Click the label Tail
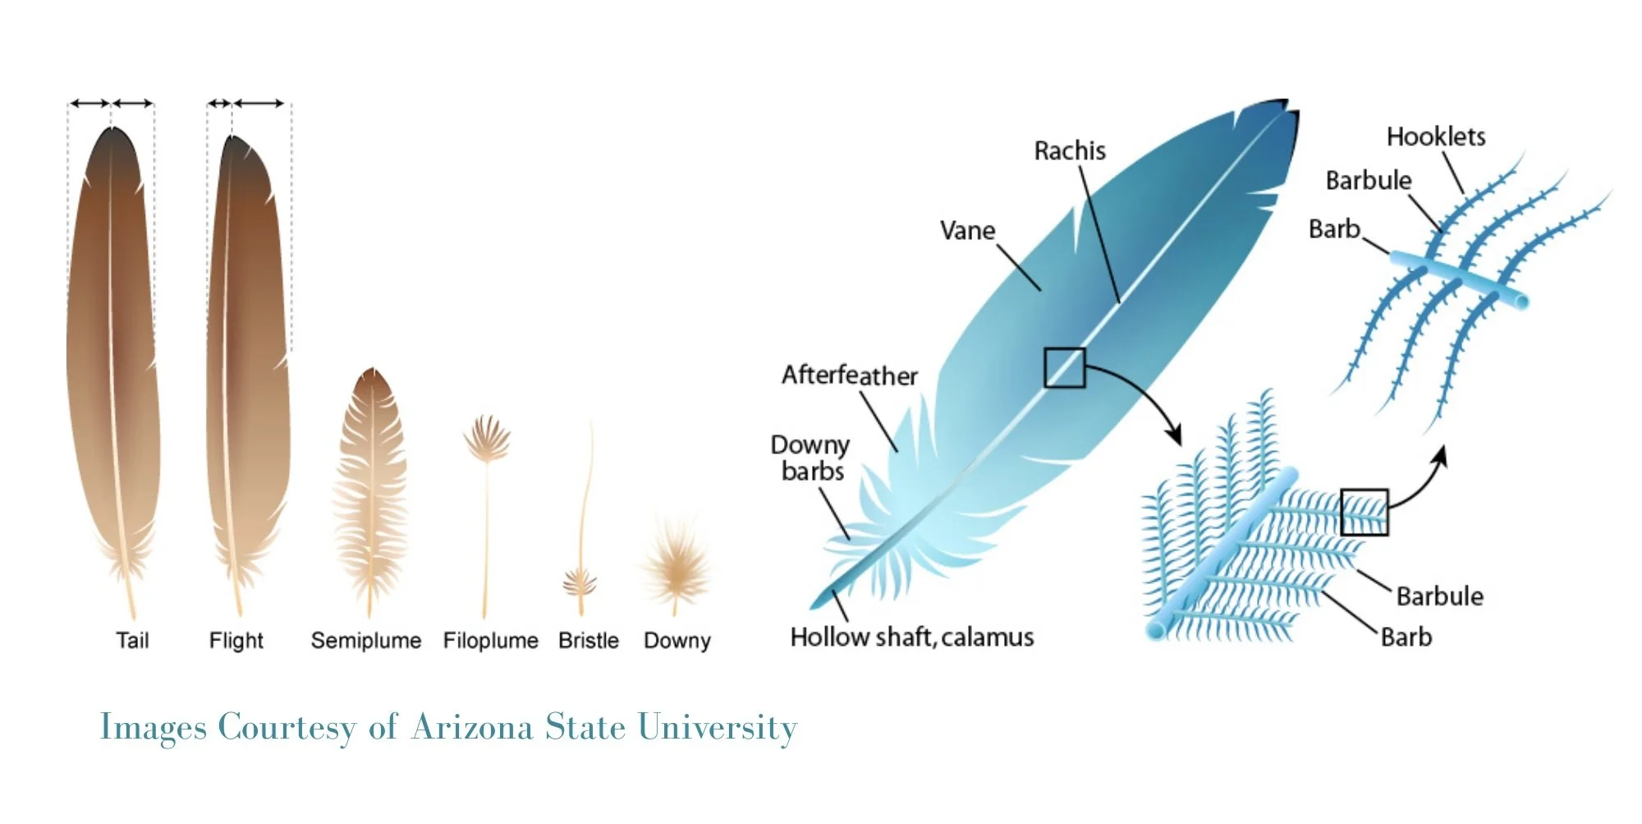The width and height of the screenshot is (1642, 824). pyautogui.click(x=132, y=640)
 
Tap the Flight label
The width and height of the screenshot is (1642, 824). pyautogui.click(x=236, y=640)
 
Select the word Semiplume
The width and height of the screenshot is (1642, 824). pyautogui.click(x=366, y=640)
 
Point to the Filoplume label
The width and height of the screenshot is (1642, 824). pyautogui.click(x=491, y=640)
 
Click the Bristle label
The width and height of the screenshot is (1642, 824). pyautogui.click(x=589, y=640)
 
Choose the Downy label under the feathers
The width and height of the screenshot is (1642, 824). pyautogui.click(x=677, y=640)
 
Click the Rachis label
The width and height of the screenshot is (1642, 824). pyautogui.click(x=1070, y=151)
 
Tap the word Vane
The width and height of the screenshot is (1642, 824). pyautogui.click(x=967, y=231)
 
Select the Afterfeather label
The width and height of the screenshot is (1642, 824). pyautogui.click(x=850, y=375)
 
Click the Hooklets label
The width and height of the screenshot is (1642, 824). pyautogui.click(x=1436, y=136)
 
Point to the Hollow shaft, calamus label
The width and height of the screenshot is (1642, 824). pyautogui.click(x=912, y=637)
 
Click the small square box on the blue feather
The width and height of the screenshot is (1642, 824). pyautogui.click(x=1065, y=367)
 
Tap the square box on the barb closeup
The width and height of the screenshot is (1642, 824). pyautogui.click(x=1365, y=512)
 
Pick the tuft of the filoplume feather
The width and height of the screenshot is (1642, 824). pyautogui.click(x=487, y=438)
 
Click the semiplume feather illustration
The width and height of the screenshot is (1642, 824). pyautogui.click(x=370, y=485)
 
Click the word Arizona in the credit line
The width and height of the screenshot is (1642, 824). pyautogui.click(x=472, y=728)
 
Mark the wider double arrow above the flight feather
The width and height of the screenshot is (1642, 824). pyautogui.click(x=259, y=104)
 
